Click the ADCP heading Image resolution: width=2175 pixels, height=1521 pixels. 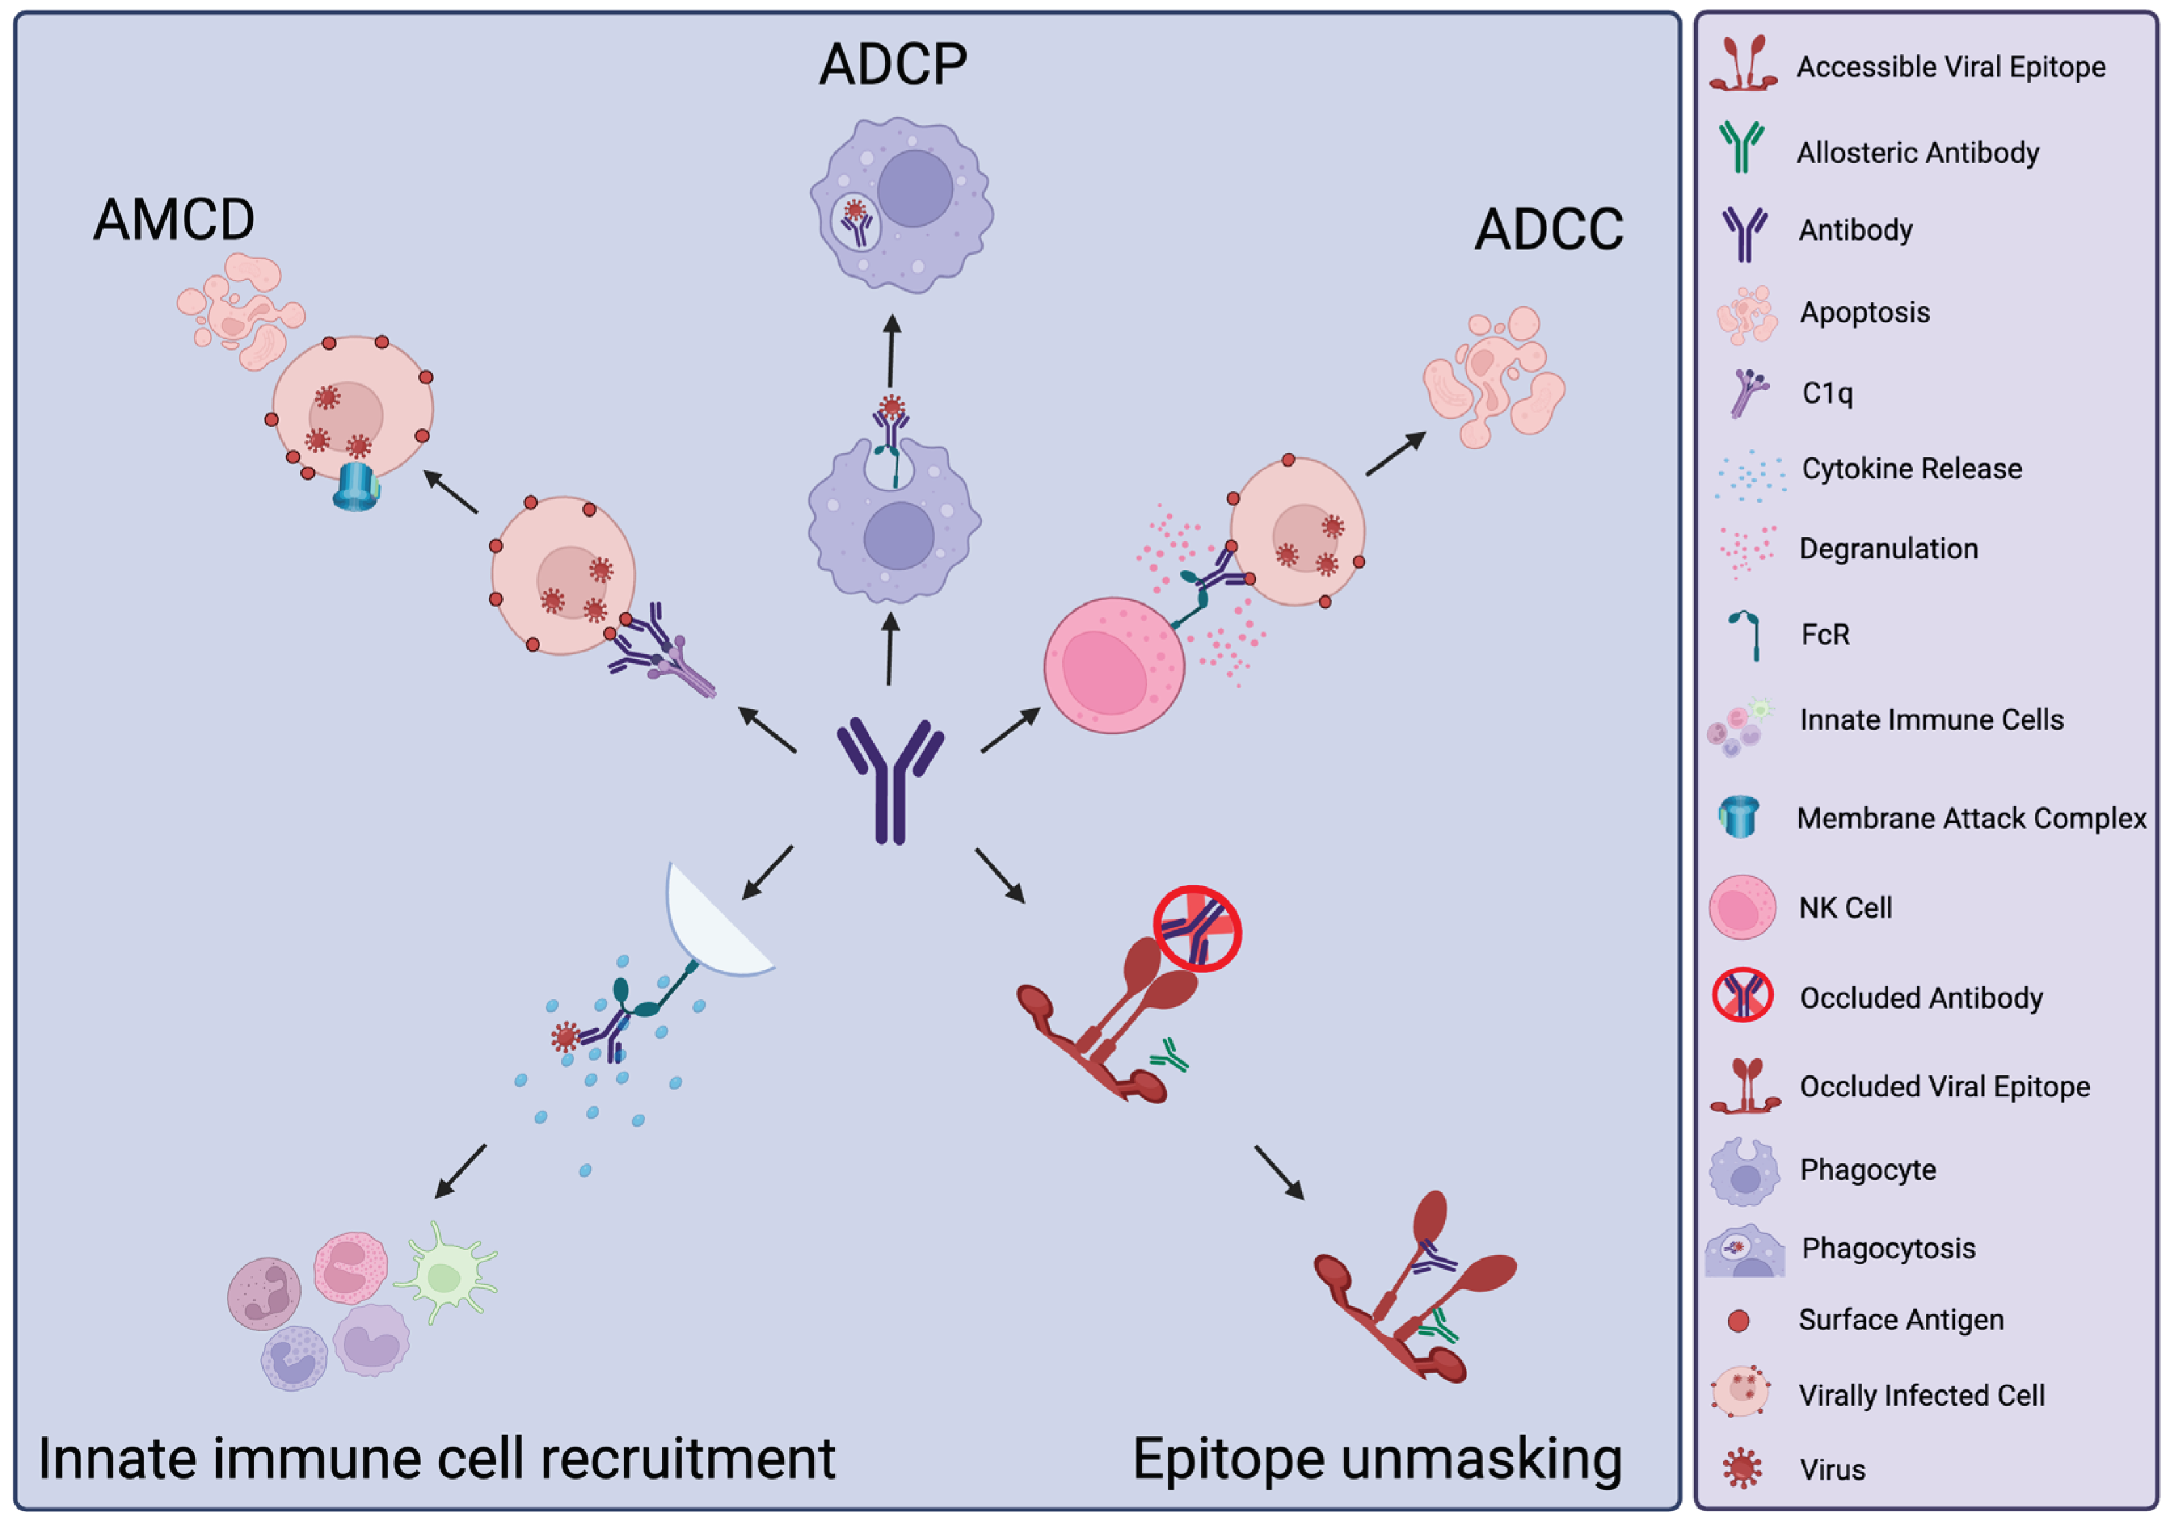click(x=892, y=64)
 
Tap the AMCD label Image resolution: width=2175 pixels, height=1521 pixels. click(x=174, y=219)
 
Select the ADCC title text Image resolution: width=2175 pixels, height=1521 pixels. click(x=1549, y=230)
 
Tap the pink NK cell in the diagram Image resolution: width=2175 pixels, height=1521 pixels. click(x=1114, y=665)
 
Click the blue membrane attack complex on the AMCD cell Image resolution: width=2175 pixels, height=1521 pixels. click(x=356, y=486)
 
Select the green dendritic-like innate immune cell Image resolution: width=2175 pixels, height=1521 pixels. click(x=445, y=1273)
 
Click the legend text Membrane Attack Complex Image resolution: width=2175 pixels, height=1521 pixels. click(x=1971, y=818)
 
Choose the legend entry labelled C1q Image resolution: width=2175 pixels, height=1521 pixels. click(x=1827, y=392)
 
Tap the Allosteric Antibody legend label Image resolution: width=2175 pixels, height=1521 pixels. click(x=1917, y=153)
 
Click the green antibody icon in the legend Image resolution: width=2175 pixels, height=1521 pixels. click(x=1742, y=147)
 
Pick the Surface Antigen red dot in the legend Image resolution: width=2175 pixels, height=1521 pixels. click(x=1738, y=1321)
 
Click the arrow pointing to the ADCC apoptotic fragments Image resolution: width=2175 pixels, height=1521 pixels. click(x=1395, y=453)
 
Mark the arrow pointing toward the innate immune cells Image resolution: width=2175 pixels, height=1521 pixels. click(x=460, y=1171)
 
